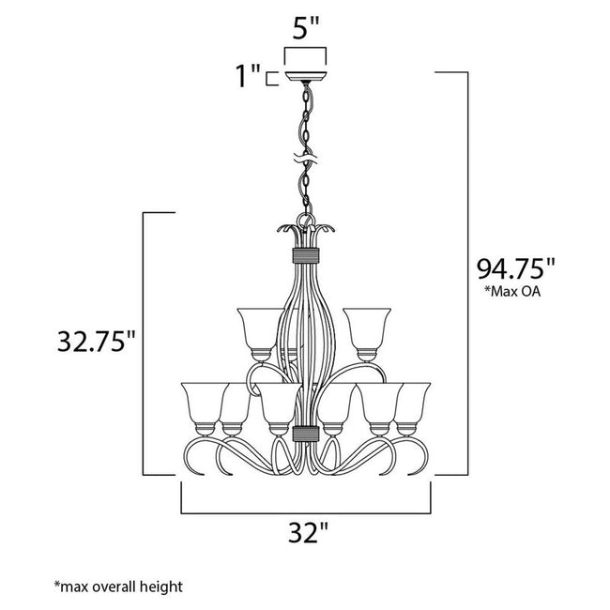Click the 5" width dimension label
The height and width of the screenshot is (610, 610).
pyautogui.click(x=306, y=27)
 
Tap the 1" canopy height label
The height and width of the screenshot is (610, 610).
pyautogui.click(x=248, y=76)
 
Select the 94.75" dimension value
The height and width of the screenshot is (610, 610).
pyautogui.click(x=516, y=268)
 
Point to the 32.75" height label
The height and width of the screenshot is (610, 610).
pyautogui.click(x=96, y=342)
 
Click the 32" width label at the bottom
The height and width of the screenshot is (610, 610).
pyautogui.click(x=308, y=532)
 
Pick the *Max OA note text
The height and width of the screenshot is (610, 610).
pyautogui.click(x=512, y=291)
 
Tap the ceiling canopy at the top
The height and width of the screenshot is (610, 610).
pyautogui.click(x=305, y=76)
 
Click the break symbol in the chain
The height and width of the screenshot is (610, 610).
pyautogui.click(x=306, y=159)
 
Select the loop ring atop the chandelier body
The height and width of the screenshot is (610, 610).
pyautogui.click(x=306, y=221)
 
